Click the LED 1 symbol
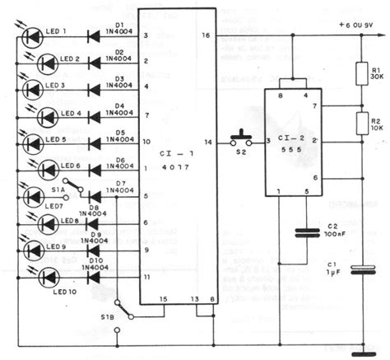[x=32, y=35]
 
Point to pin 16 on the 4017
[x=206, y=36]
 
